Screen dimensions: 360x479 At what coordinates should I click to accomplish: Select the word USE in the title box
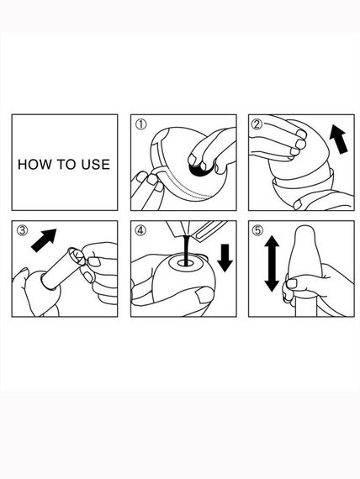[x=95, y=165]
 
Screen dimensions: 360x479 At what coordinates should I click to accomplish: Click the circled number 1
[x=141, y=124]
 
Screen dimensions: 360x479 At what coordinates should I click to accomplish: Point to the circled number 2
[x=257, y=124]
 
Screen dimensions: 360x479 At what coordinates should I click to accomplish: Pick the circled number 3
[x=22, y=230]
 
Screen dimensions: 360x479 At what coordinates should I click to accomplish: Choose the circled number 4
[x=140, y=230]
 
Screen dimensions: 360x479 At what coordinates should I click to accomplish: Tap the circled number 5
[x=257, y=230]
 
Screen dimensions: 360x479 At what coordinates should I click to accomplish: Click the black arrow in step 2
[x=338, y=139]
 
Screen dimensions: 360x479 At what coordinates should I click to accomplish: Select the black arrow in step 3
[x=44, y=240]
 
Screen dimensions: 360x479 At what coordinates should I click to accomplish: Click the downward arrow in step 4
[x=225, y=258]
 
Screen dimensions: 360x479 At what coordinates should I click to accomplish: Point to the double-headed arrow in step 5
[x=272, y=264]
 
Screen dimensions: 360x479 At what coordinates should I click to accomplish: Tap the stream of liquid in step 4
[x=185, y=248]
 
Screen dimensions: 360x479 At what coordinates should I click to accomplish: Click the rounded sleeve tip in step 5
[x=305, y=232]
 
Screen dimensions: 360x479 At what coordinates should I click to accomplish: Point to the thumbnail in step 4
[x=202, y=297]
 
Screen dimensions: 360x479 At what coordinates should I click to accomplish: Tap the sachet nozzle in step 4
[x=182, y=229]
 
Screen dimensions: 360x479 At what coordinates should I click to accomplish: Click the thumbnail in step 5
[x=292, y=283]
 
